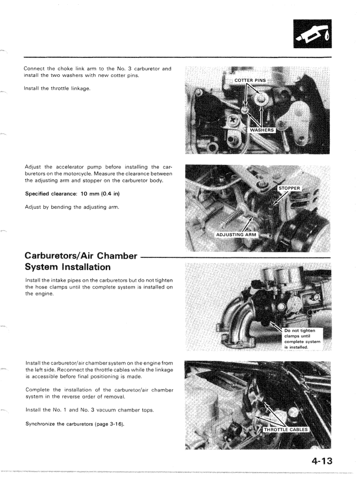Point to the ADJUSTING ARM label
[x=236, y=235]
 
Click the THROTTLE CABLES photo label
[x=286, y=430]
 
